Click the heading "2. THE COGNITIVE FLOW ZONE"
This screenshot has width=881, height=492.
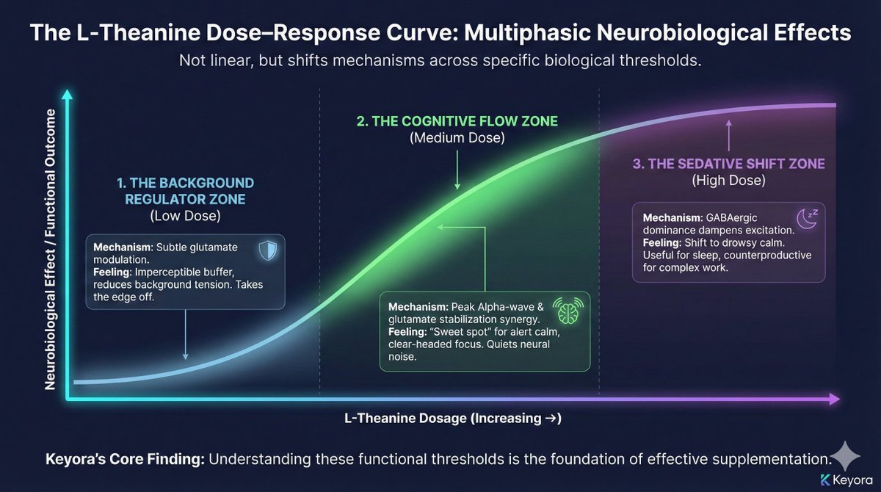coord(458,121)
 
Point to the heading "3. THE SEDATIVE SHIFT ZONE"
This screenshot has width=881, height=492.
coord(729,163)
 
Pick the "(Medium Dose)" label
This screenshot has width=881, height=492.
coord(457,138)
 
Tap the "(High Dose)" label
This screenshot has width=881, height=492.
coord(728,180)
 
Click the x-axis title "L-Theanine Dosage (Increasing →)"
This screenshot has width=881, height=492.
coord(453,419)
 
